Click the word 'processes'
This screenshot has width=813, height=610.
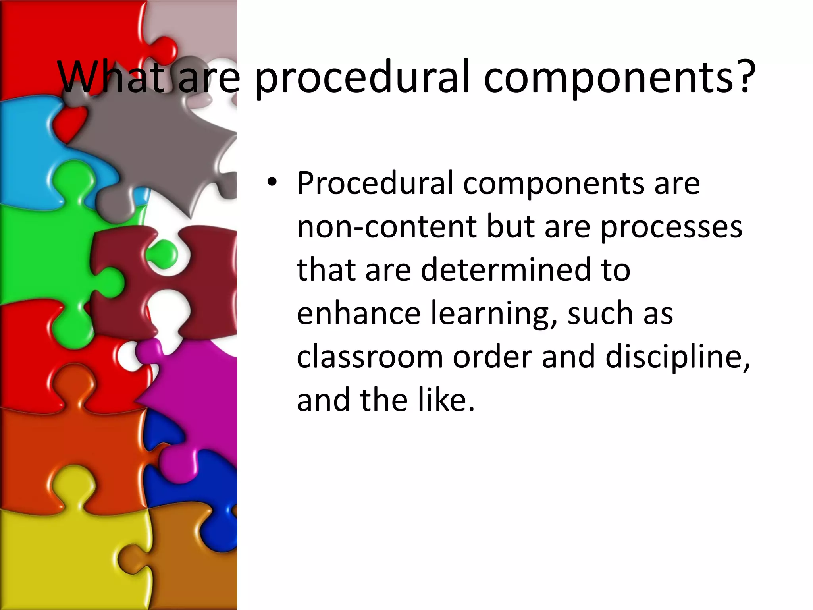tap(671, 228)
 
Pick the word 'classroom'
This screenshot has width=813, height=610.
tap(370, 357)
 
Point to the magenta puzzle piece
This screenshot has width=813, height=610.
tap(198, 397)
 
